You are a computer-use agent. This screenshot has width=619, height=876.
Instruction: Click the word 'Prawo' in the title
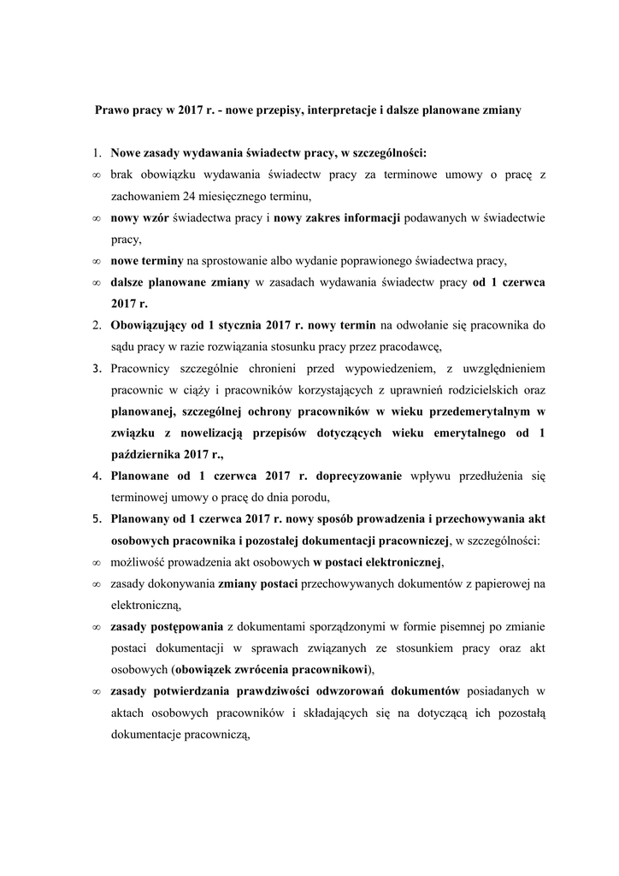[x=111, y=111]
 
